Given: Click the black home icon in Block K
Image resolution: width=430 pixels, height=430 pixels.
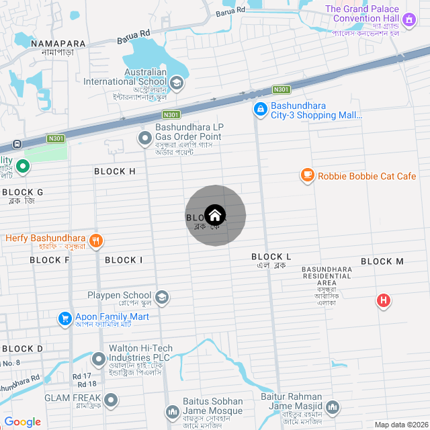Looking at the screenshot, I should [x=215, y=215].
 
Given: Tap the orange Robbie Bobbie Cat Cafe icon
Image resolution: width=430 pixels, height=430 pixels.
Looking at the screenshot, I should [x=308, y=175].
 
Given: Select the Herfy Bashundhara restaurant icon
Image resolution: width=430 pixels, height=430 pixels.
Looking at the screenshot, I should [x=96, y=239].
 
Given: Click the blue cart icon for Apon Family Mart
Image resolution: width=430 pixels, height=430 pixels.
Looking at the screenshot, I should [x=65, y=317].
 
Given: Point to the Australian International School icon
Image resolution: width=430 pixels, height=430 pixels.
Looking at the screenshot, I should [x=177, y=83].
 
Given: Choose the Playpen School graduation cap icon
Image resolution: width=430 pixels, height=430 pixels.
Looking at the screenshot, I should [x=161, y=296].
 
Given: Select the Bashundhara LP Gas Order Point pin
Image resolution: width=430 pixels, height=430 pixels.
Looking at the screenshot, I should [x=144, y=138].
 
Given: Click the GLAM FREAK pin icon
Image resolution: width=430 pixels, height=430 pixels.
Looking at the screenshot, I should [x=111, y=400].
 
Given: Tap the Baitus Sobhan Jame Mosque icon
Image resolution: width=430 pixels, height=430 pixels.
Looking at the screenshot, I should [x=173, y=411].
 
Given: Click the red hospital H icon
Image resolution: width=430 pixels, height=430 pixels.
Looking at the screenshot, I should [x=383, y=300].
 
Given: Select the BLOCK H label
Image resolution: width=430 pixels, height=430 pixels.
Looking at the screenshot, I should [x=115, y=171].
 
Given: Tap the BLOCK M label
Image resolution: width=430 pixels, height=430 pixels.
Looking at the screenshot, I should [x=382, y=261].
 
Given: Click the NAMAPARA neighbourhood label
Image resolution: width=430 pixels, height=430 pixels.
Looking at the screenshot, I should [x=58, y=44].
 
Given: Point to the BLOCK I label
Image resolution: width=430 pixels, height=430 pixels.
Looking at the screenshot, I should [x=124, y=260].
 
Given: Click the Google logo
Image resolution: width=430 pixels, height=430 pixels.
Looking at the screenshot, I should [x=23, y=421].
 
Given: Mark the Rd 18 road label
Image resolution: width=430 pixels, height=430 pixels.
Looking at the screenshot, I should [x=87, y=384].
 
